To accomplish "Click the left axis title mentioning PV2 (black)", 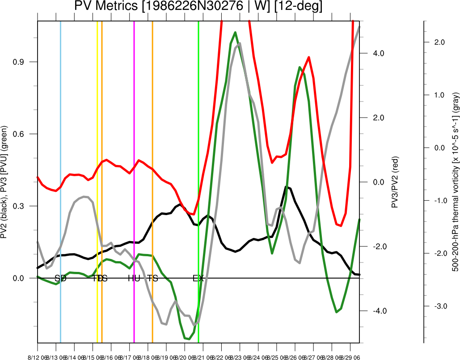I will pos(5,181).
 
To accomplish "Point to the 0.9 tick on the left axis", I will pos(21,62).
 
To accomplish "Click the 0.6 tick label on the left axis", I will pos(21,134).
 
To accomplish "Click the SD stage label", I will pos(60,278).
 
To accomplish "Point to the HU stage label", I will pos(134,278).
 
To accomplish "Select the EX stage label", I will pos(198,278).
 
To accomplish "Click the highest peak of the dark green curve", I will pos(235,33).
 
